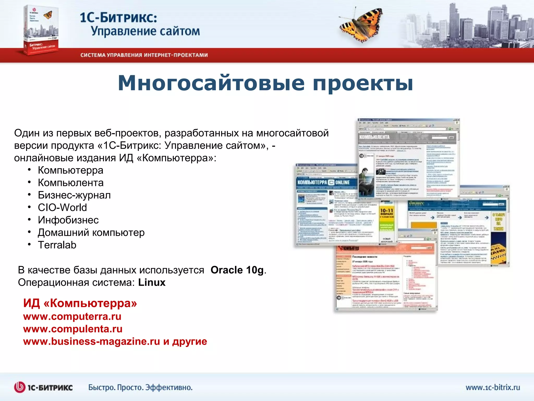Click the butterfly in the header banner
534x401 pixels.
[361, 25]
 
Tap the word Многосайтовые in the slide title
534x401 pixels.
[211, 83]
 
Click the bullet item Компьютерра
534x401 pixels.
[70, 170]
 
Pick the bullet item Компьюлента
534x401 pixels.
[70, 183]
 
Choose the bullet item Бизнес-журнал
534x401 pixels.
[74, 195]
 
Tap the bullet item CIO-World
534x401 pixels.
[62, 208]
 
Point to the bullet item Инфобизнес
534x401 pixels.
[68, 220]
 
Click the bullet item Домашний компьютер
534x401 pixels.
[91, 233]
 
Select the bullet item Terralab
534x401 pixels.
[57, 245]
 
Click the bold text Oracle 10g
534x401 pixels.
[237, 270]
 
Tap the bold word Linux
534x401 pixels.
[152, 282]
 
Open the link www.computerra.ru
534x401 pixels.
[72, 317]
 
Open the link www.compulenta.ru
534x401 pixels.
[73, 329]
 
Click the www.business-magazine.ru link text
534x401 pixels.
[91, 341]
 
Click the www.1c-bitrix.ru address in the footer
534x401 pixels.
[493, 387]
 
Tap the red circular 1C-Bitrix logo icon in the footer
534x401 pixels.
[20, 387]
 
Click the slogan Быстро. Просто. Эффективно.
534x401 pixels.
[140, 387]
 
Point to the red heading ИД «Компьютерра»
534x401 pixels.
[80, 303]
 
